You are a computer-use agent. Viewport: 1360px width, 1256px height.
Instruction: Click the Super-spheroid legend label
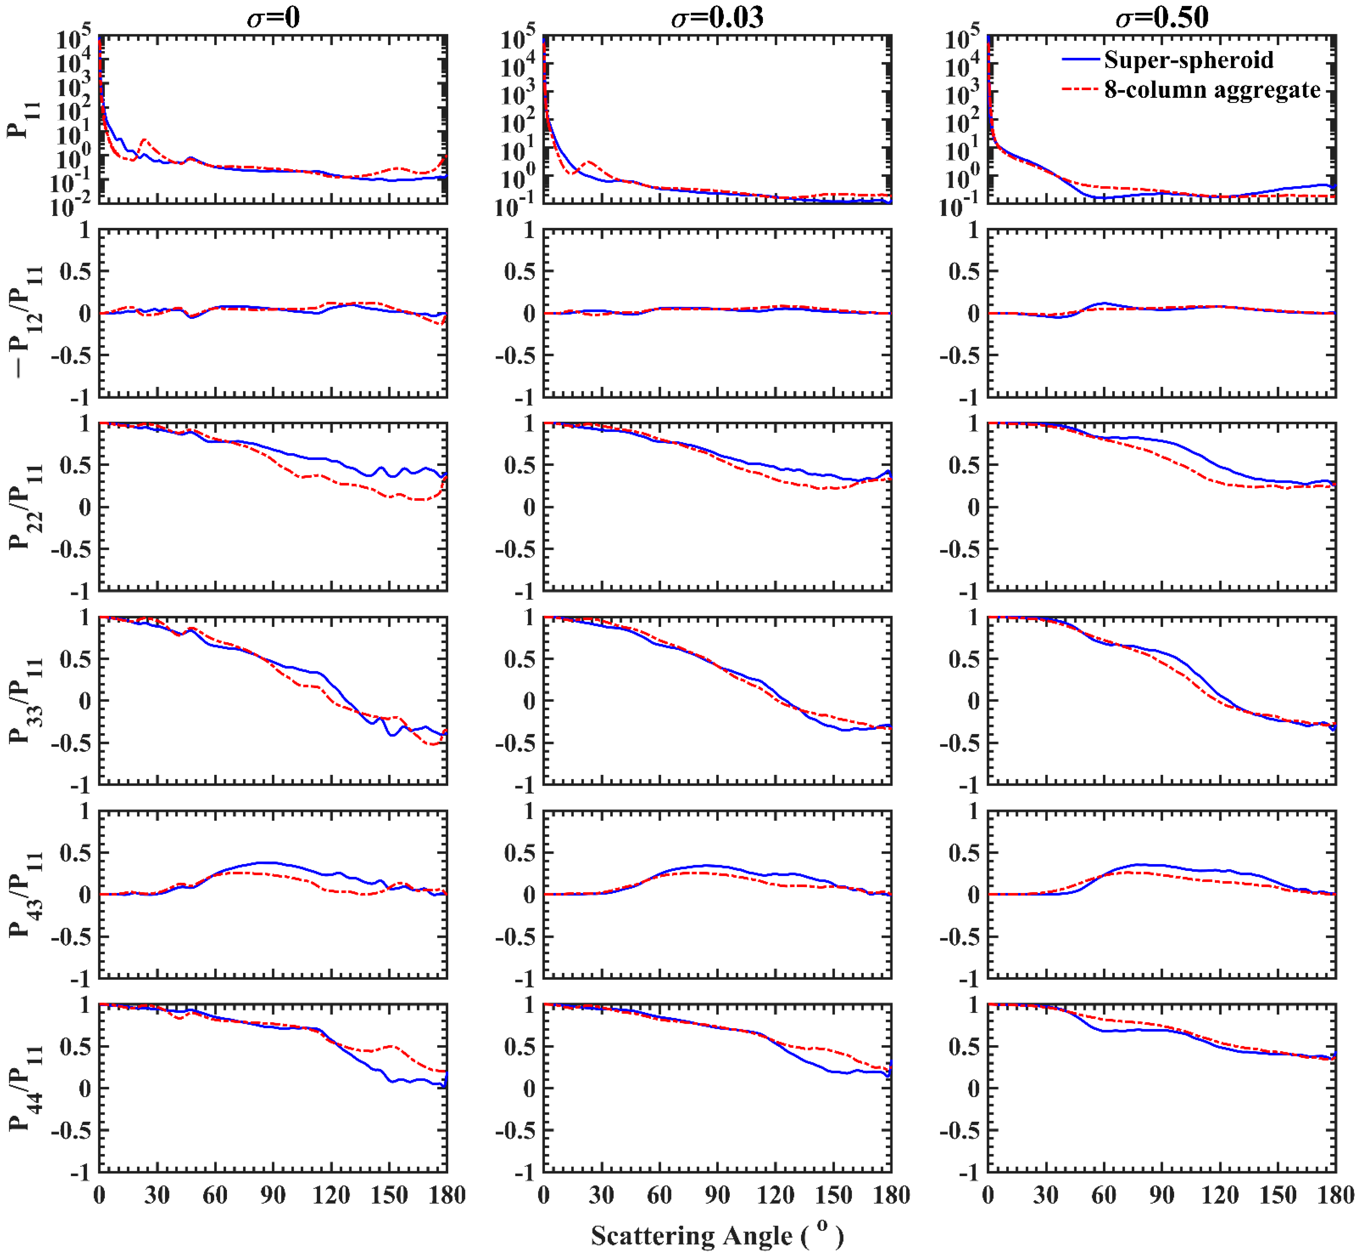(1188, 60)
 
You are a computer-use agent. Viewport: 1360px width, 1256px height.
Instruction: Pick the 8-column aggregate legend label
(1212, 90)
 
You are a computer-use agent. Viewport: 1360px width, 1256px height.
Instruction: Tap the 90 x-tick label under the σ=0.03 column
(717, 1195)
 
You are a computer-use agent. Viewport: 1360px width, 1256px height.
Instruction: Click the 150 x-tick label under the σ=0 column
(389, 1195)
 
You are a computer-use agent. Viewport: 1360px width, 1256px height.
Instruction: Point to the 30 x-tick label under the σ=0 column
(157, 1195)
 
